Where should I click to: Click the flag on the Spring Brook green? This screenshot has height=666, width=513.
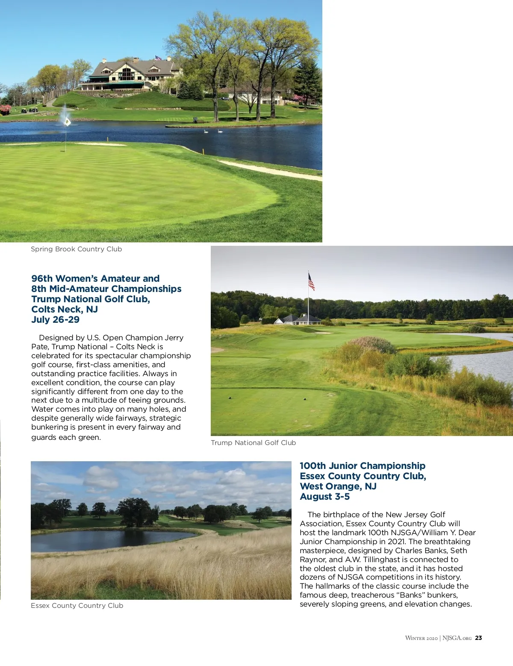67,121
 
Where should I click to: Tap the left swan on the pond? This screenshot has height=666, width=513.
206,131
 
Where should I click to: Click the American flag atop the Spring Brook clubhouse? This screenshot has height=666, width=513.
158,57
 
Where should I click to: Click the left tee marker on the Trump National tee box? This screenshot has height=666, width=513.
230,398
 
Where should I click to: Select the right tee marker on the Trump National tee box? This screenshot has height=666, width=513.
305,399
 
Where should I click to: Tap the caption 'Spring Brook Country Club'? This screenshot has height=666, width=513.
76,249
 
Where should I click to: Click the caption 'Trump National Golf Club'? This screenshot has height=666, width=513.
253,443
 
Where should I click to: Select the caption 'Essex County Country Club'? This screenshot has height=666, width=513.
77,606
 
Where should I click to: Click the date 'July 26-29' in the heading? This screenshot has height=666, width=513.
56,320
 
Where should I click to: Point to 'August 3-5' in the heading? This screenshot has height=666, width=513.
325,497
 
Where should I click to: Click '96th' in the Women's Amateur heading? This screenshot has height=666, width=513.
42,279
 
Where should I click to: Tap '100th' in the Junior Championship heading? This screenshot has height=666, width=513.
313,466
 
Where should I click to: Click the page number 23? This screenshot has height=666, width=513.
479,638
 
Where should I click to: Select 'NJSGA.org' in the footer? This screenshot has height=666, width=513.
457,638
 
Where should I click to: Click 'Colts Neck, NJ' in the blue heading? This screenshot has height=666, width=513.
65,309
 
